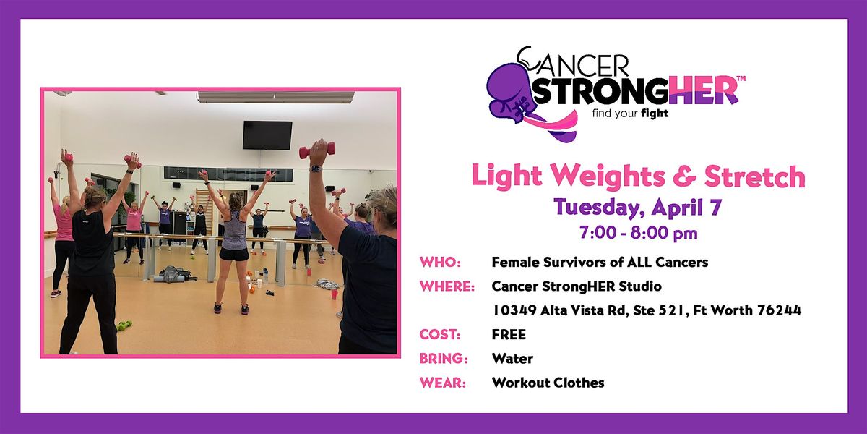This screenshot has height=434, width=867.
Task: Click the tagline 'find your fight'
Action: [x=630, y=114]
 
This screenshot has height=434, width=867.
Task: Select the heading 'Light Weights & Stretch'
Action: [x=639, y=176]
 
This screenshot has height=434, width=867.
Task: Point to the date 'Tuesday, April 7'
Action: [x=638, y=208]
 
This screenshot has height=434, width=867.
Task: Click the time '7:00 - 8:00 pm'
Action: [x=639, y=232]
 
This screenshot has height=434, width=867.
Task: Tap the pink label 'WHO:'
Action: [x=440, y=263]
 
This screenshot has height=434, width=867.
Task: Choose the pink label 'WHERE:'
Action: [x=447, y=286]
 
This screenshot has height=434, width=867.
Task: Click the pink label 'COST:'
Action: [x=440, y=334]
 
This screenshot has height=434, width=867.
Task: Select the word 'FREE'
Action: [x=509, y=334]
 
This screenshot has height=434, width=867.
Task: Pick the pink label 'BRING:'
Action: [x=444, y=359]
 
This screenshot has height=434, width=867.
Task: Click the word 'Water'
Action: [x=512, y=359]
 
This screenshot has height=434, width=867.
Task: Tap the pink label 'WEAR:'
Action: [x=442, y=383]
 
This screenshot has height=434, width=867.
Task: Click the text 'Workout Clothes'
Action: [x=548, y=383]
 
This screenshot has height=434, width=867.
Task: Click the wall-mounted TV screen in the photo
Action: [x=267, y=135]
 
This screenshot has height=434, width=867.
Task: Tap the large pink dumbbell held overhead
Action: [x=317, y=150]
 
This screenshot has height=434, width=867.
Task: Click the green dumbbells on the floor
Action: [x=124, y=325]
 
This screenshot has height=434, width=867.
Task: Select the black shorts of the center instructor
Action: [x=234, y=254]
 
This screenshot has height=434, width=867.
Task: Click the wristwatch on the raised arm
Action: [x=316, y=169]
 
